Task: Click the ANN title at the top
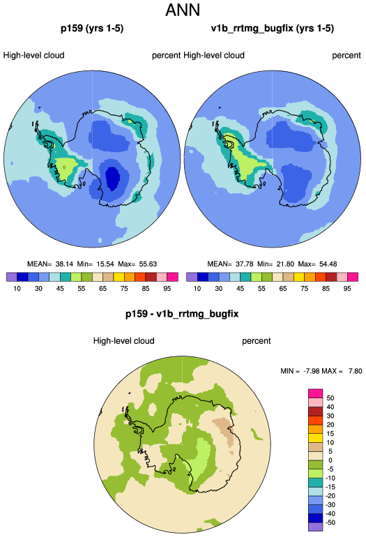click(x=183, y=10)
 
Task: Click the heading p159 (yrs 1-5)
click(x=92, y=28)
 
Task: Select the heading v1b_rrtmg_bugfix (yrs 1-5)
click(x=273, y=28)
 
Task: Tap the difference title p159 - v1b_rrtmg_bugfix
click(x=182, y=314)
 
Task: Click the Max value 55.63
click(x=148, y=264)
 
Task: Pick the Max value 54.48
click(x=328, y=264)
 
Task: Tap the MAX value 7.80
click(x=356, y=371)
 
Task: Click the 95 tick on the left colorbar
click(x=167, y=288)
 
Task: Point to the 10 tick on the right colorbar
click(x=197, y=288)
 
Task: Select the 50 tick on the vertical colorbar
click(x=330, y=398)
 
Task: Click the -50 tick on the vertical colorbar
click(x=330, y=522)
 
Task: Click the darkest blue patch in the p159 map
click(x=112, y=177)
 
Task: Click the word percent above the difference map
click(x=257, y=341)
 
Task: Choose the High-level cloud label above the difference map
click(x=124, y=341)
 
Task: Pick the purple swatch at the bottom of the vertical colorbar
click(x=316, y=527)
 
